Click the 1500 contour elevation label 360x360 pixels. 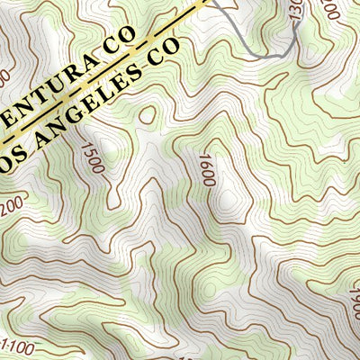(92, 157)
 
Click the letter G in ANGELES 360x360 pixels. (80, 116)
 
